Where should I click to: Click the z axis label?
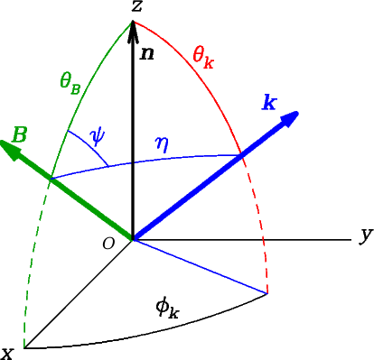(136, 7)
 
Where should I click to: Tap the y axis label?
(365, 235)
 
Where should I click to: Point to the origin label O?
(108, 244)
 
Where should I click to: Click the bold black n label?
(147, 53)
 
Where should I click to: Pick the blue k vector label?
(269, 101)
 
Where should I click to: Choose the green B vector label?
(19, 135)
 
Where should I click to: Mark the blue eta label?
(162, 142)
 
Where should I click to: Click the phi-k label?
(168, 309)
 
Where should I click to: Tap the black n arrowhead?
(134, 32)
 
